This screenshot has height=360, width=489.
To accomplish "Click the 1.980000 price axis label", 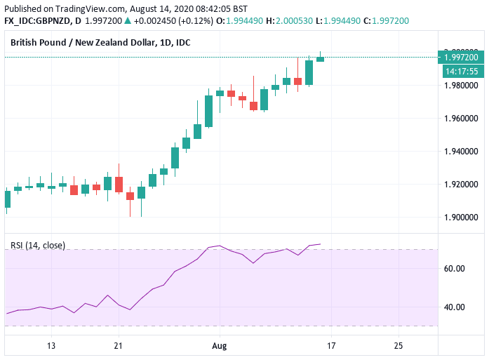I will click(461, 86).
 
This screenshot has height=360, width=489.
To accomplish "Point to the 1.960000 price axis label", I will click(461, 119).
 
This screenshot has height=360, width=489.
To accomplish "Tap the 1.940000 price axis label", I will click(461, 152).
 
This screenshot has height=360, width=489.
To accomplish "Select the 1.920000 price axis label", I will click(461, 185).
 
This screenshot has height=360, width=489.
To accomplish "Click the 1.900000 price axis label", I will click(461, 218).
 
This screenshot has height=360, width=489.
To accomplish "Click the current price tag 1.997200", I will click(461, 57).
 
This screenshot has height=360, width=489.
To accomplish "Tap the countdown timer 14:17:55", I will click(461, 71).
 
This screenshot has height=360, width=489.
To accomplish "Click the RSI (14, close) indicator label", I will click(38, 246).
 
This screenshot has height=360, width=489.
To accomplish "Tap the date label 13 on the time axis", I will click(51, 346).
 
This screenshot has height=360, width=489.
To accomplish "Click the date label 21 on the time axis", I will click(119, 346).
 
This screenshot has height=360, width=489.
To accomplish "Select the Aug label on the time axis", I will click(220, 346).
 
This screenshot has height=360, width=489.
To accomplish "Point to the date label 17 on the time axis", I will click(331, 346).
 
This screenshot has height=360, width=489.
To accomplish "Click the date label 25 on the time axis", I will click(398, 346).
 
